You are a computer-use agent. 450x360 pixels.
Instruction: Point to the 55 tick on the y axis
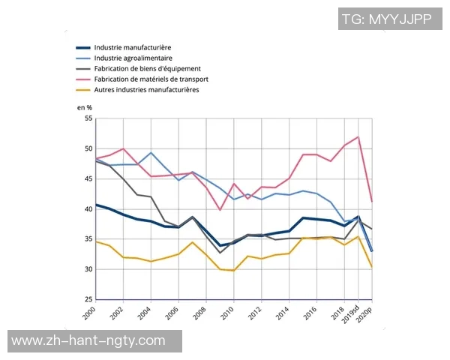(88, 118)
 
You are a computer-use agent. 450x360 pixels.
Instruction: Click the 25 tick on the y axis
(88, 300)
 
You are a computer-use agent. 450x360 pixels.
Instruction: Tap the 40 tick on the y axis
(88, 209)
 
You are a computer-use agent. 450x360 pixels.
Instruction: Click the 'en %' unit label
(85, 108)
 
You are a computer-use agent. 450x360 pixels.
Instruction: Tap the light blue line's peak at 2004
(151, 153)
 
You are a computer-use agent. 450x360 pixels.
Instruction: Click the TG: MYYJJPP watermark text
(386, 19)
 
